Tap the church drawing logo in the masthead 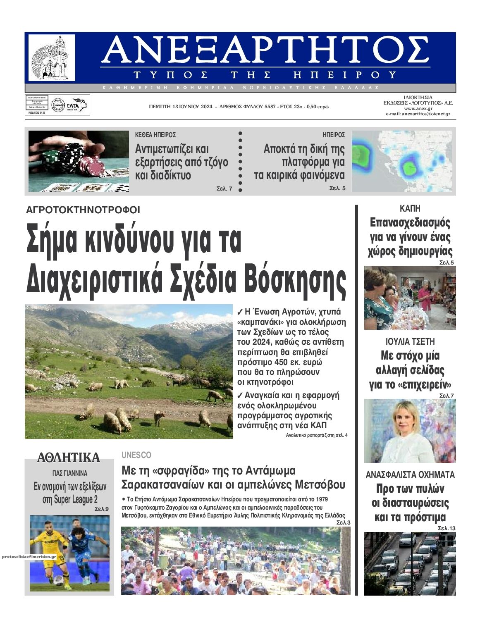pos(52,58)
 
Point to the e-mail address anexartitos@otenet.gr pos(418,114)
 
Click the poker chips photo pos(79,161)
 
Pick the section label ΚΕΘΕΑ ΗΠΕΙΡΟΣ pos(155,135)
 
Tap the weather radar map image pos(402,161)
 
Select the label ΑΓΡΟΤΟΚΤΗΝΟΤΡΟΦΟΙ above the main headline pos(83,210)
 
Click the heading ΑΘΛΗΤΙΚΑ pos(69,458)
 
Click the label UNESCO pos(136,455)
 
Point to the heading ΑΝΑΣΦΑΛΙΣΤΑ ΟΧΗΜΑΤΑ pos(410,474)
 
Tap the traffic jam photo pos(410,563)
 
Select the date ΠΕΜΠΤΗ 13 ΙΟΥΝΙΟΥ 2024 pos(181,107)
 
